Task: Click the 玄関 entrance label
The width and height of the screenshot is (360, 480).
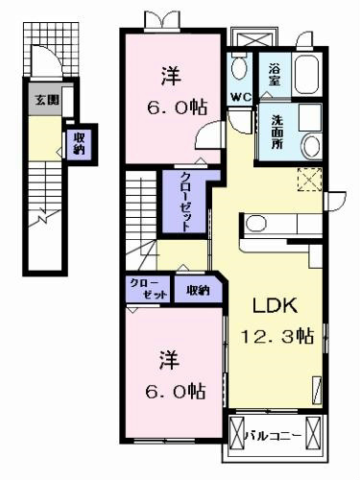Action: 47,101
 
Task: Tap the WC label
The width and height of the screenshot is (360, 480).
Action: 241,97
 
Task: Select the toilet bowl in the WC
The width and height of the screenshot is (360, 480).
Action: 239,68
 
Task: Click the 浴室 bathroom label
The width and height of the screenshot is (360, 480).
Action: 275,74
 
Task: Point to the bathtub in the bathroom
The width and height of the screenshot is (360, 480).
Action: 307,74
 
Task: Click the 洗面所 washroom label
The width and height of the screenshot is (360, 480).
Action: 277,132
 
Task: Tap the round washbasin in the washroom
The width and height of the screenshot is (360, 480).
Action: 312,147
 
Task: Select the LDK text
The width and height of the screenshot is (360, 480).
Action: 275,305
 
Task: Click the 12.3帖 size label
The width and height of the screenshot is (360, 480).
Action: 277,336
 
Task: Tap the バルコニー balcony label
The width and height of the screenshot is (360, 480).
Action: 273,436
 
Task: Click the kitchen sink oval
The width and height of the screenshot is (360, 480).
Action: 256,224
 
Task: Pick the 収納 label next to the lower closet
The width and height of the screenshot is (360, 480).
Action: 198,291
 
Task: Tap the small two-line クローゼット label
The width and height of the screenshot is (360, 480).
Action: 149,289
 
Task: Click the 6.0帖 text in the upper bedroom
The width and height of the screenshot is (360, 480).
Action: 177,108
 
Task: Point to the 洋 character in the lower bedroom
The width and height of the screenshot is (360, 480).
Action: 169,360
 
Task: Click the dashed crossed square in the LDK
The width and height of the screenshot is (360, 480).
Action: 310,180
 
